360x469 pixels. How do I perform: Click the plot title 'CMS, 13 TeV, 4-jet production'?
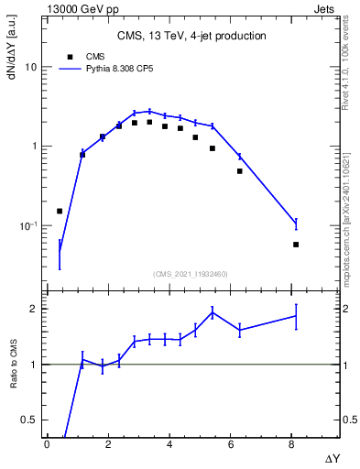(x=192, y=36)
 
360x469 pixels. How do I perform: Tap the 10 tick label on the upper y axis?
(x=31, y=68)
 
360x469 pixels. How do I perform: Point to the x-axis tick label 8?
(x=291, y=444)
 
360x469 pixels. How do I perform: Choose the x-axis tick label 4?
(x=169, y=444)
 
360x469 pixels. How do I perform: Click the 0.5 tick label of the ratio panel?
(x=30, y=420)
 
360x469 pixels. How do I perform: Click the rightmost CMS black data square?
(x=296, y=245)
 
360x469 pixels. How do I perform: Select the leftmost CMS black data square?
(x=60, y=211)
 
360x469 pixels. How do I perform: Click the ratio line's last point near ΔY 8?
(x=296, y=316)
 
